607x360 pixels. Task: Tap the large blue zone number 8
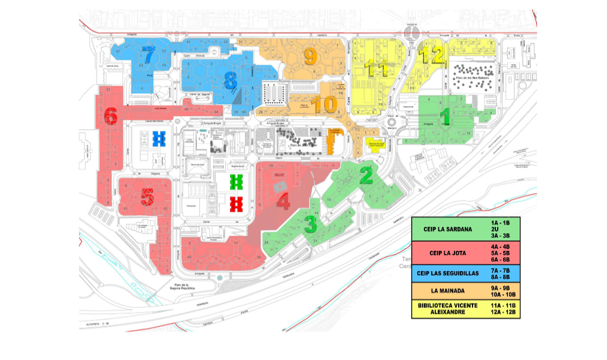[230, 80]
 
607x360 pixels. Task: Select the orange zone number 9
[310, 57]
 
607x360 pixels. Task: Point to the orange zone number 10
[324, 105]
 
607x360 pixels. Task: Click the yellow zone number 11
[377, 70]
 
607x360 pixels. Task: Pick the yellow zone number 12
[432, 56]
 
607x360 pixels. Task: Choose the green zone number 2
[366, 175]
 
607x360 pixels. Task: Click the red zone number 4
[283, 202]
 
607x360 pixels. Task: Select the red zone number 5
[147, 197]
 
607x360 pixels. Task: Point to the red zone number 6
[110, 115]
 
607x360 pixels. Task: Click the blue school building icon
[159, 139]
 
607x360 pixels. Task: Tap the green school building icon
[237, 181]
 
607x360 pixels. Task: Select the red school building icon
[237, 205]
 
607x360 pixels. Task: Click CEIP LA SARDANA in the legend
[447, 229]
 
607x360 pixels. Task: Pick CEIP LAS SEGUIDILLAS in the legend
[447, 273]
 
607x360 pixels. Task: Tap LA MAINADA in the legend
[447, 291]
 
